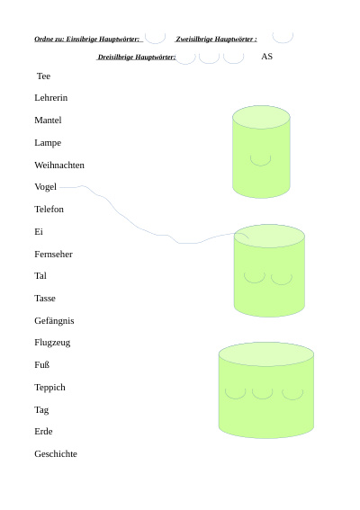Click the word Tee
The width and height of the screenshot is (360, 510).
(43, 76)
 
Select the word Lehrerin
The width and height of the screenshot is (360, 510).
(50, 97)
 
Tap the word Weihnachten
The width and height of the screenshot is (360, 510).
(59, 165)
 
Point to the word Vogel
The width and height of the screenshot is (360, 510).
(45, 187)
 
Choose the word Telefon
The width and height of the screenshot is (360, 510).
(49, 209)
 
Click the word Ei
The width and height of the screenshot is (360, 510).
(39, 231)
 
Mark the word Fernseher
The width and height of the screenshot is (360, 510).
(53, 254)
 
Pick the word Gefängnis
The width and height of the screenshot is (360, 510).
(54, 321)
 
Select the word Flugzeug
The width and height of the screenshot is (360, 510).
(52, 343)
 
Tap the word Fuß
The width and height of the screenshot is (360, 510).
(41, 364)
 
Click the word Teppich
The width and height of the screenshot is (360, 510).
(49, 388)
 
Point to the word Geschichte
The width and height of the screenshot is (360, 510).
(56, 453)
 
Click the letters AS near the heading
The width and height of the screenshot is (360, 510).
(266, 57)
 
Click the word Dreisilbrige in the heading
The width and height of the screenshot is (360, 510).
(115, 58)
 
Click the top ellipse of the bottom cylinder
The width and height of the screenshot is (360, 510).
(266, 353)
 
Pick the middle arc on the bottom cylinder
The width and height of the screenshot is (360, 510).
(263, 398)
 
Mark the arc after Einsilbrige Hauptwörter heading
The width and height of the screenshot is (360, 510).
(156, 43)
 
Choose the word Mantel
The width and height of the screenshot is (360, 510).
(48, 120)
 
